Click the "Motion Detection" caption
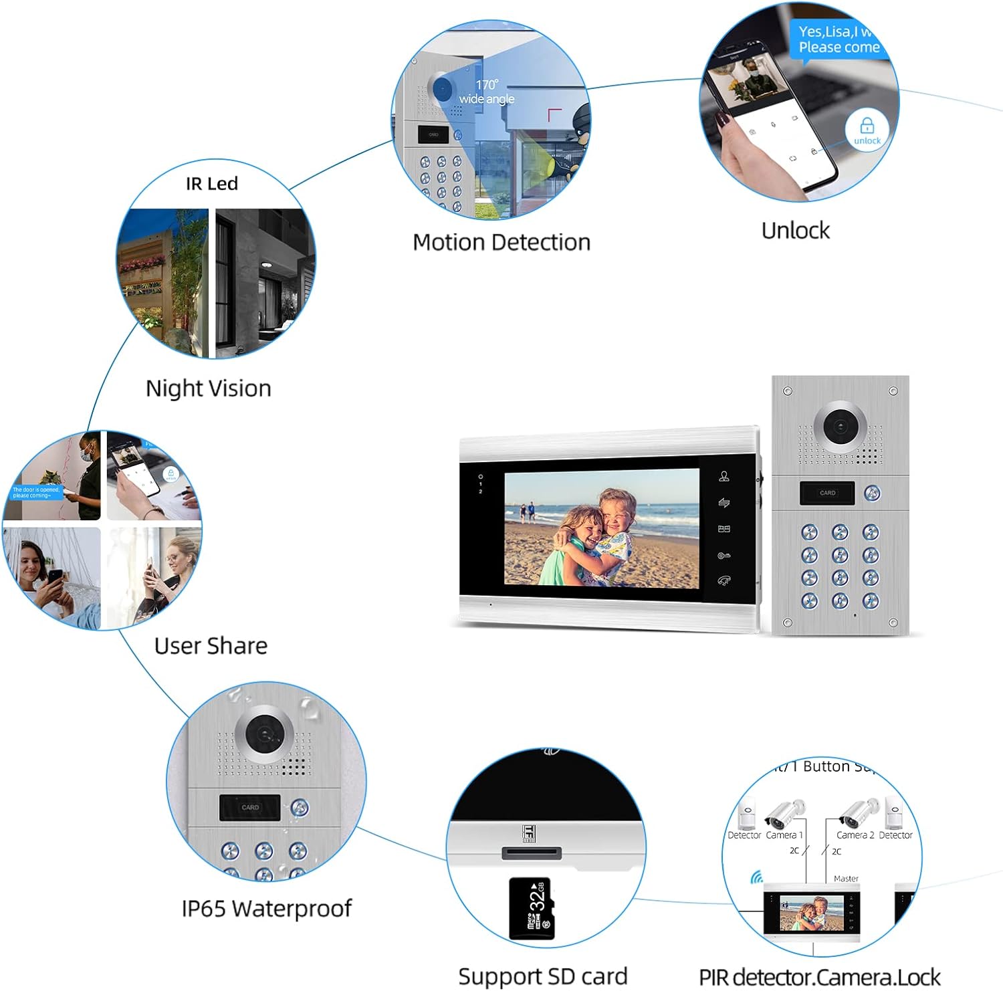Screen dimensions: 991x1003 [x=501, y=242]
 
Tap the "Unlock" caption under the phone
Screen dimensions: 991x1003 [x=795, y=231]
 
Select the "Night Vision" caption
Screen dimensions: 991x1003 [x=208, y=389]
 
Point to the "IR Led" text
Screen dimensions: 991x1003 [x=212, y=184]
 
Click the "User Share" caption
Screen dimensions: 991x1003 [x=211, y=646]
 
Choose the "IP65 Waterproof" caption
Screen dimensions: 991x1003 [x=266, y=909]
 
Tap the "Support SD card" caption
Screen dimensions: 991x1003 [x=542, y=976]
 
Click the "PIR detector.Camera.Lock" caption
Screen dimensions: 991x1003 [x=820, y=978]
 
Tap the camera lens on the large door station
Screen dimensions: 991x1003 [x=840, y=427]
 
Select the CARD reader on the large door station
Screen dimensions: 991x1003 [x=827, y=493]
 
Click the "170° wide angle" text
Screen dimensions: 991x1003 [x=487, y=92]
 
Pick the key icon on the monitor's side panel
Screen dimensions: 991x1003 [x=723, y=556]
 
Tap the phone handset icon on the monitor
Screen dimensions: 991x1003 [x=723, y=580]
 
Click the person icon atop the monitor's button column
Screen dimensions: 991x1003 [x=723, y=476]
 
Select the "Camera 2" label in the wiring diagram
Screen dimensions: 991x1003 [x=855, y=835]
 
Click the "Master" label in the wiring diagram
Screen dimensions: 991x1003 [x=846, y=879]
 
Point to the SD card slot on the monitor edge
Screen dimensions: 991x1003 [x=532, y=853]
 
